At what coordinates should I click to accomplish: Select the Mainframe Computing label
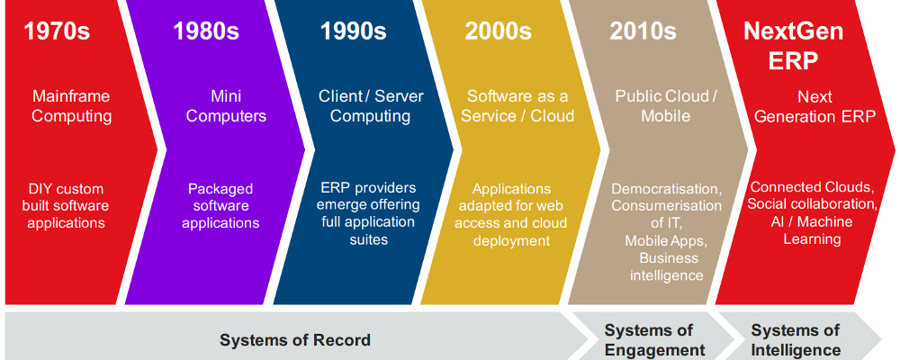[71, 106]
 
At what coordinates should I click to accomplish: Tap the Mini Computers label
[226, 106]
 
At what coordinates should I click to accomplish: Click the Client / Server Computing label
[371, 106]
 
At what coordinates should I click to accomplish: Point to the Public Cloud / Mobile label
[666, 106]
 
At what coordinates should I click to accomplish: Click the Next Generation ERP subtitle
[815, 107]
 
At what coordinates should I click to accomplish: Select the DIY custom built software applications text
[66, 205]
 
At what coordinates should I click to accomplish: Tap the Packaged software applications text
[221, 205]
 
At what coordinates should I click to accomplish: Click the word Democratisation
[666, 189]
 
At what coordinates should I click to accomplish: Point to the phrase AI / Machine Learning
[812, 230]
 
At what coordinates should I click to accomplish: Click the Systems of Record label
[295, 340]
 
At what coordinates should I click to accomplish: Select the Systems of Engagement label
[655, 340]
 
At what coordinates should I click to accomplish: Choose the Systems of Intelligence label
[796, 340]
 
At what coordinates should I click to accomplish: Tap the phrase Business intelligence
[666, 266]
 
